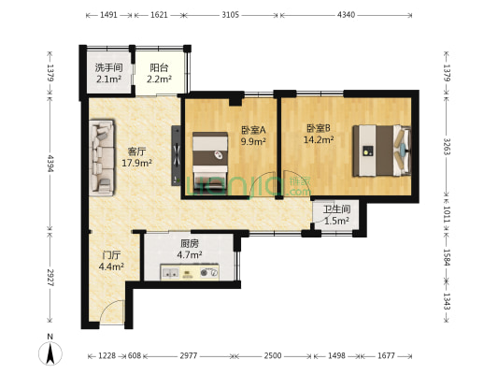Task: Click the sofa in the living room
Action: tap(102, 157)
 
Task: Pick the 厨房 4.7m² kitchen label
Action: tap(190, 248)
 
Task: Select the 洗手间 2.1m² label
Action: tap(107, 74)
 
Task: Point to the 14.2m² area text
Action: tap(317, 142)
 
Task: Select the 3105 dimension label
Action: tap(230, 15)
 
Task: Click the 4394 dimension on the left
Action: tap(39, 165)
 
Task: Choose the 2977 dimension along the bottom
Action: tap(189, 356)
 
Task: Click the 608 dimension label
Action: tap(135, 356)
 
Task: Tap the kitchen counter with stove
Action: tap(190, 273)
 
